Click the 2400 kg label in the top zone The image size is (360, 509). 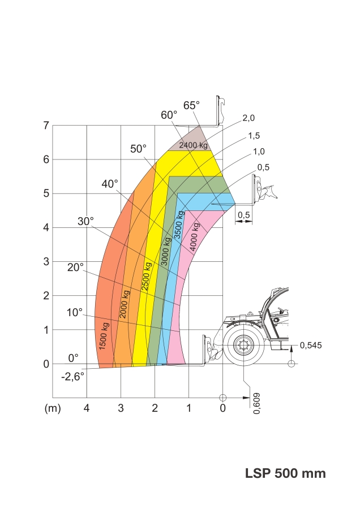[194, 145]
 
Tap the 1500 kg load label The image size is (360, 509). [104, 337]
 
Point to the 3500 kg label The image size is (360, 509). [179, 225]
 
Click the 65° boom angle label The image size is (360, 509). [191, 106]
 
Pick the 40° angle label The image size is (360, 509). [109, 184]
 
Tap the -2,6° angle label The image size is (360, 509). [73, 377]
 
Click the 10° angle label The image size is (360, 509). [74, 313]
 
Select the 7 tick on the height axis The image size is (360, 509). [46, 126]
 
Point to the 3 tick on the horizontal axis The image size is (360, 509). [121, 408]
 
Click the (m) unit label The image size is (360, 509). [53, 408]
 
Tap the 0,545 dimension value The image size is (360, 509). [311, 346]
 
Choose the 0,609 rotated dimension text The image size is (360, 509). [256, 403]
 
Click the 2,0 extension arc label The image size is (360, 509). [248, 118]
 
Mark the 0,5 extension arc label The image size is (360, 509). [264, 167]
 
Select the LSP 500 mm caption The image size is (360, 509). [285, 473]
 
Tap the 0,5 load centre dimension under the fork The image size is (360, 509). [244, 215]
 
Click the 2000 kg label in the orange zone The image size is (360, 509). [125, 304]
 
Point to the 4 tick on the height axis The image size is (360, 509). [46, 227]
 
